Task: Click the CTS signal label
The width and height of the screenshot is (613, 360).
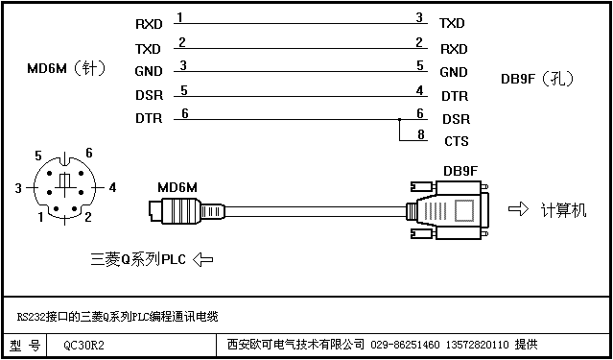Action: tap(457, 141)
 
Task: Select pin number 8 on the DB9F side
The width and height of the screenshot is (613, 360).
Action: tap(420, 134)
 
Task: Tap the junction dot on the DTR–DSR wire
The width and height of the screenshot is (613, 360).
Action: tap(399, 119)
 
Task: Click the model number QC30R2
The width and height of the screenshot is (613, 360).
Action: tap(84, 346)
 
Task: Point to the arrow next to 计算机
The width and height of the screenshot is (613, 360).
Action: tap(518, 209)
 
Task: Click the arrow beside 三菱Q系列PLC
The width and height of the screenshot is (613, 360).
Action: tap(203, 259)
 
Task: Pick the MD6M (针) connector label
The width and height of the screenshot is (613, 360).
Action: tap(66, 69)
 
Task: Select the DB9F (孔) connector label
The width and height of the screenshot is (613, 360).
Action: tap(538, 79)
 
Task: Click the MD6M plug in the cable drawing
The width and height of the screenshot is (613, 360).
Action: tap(187, 211)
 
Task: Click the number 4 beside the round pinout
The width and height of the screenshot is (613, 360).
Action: tap(112, 188)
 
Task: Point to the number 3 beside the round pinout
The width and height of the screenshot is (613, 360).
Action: tap(18, 188)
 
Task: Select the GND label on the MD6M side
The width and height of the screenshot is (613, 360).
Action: tap(149, 71)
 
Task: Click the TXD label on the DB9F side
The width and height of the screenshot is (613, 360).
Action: tap(452, 23)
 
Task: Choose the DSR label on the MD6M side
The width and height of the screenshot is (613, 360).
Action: tap(149, 95)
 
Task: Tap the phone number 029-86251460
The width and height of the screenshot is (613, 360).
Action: tap(405, 345)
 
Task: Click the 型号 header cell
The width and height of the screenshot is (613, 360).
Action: tap(25, 346)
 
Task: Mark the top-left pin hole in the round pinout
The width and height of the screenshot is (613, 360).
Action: tap(50, 173)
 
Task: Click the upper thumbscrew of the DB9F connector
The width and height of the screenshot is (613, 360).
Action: tap(421, 186)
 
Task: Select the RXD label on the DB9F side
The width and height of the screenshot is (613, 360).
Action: tap(454, 49)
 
